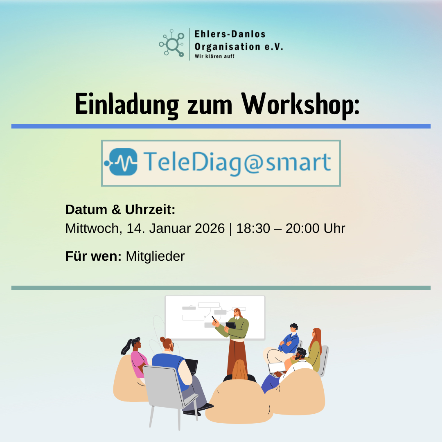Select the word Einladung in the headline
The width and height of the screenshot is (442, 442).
[x=127, y=105]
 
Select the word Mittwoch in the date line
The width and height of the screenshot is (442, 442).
[x=92, y=228]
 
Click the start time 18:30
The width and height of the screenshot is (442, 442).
[x=253, y=228]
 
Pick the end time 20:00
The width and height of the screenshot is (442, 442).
[x=302, y=228]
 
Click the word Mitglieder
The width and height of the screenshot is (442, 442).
[x=155, y=256]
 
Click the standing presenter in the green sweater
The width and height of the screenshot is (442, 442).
[x=237, y=340]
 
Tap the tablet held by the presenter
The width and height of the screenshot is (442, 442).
[x=231, y=325]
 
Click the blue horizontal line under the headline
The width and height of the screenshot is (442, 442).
[x=221, y=126]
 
